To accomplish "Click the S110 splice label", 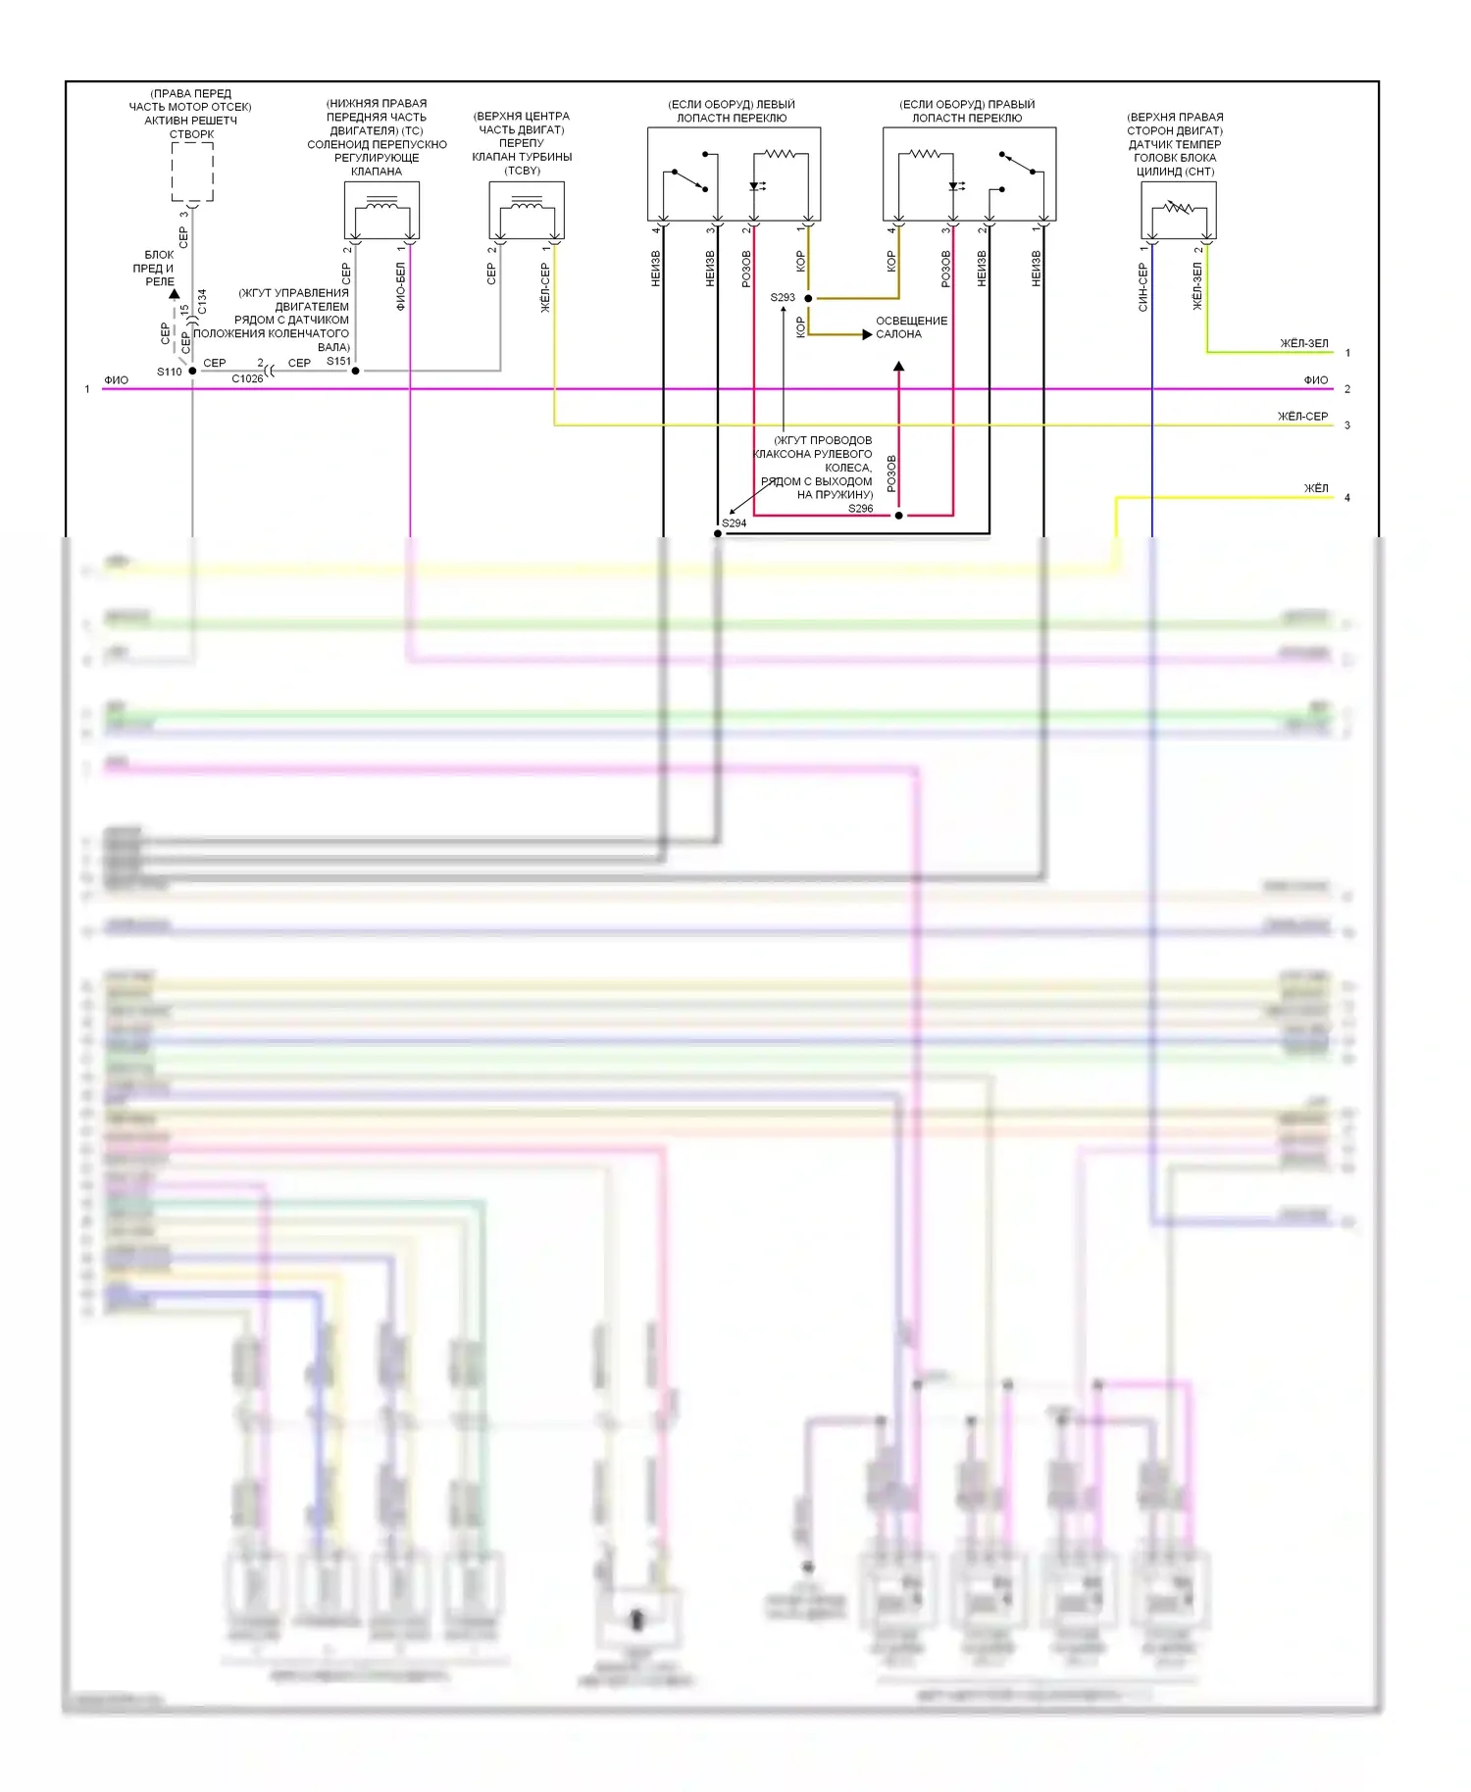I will coord(169,372).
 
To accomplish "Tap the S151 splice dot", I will coord(355,371).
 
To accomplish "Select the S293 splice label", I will coord(783,297).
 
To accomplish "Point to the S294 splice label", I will coord(735,523).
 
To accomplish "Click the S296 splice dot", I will coord(898,515).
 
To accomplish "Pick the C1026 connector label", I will coord(247,378).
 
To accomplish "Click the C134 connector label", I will coord(202,301).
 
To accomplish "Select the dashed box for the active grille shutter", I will coord(192,172).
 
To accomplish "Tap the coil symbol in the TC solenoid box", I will coord(381,207).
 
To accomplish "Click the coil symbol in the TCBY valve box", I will coord(527,207).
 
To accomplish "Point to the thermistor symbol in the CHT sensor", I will coord(1178,208).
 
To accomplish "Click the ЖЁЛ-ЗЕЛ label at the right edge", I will coord(1303,343).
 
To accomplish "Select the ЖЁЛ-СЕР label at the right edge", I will coord(1302,417).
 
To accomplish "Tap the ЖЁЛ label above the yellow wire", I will coord(1316,488).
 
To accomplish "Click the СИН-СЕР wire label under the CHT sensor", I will coord(1142,287).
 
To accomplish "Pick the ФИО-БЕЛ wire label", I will coord(400,286).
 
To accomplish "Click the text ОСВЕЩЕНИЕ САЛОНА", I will coord(911,327).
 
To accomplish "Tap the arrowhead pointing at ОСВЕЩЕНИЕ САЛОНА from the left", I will coord(866,334).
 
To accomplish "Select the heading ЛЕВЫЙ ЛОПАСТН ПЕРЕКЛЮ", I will coord(732,111).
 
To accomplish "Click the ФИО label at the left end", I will coord(116,380).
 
